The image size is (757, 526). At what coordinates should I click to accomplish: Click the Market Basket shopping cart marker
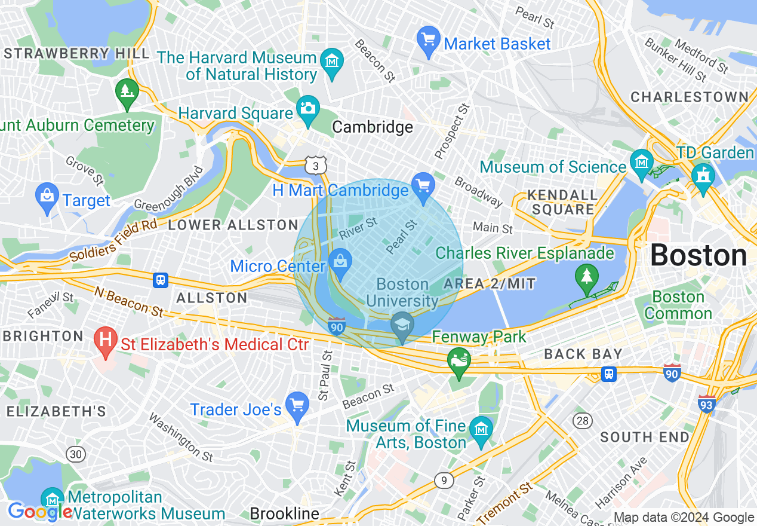[428, 41]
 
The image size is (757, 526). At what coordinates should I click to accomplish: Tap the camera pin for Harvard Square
[308, 109]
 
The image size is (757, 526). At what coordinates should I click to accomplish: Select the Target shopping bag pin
[47, 197]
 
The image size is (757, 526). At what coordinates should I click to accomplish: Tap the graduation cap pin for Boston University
[402, 326]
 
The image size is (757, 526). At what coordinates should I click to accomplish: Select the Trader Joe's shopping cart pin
[297, 406]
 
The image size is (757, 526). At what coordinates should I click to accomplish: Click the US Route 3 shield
[315, 165]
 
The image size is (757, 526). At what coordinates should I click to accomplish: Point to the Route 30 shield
[75, 454]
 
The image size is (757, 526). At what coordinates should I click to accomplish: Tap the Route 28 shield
[583, 421]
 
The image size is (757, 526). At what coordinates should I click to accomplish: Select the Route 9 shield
[442, 479]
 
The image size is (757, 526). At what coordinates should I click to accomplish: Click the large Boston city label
[698, 256]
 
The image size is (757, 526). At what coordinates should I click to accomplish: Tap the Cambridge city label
[373, 127]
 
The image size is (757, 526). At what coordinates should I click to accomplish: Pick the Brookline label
[284, 513]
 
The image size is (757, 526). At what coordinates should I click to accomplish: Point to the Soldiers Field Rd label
[113, 241]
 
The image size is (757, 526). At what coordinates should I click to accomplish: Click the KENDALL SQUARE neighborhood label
[563, 203]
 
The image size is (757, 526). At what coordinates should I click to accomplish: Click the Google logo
[39, 512]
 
